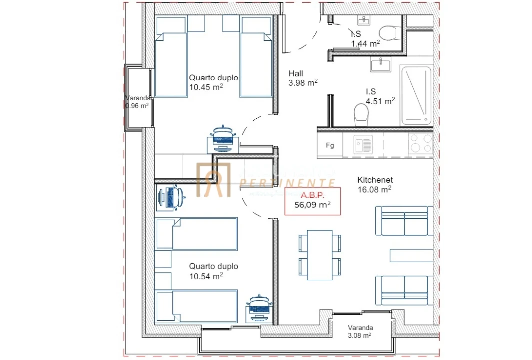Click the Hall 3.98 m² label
[x=303, y=78]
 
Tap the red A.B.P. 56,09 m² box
[x=312, y=201]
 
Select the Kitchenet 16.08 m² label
[x=374, y=185]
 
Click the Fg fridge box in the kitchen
[x=330, y=146]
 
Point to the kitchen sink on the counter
[x=363, y=145]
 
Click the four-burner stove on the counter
[x=420, y=144]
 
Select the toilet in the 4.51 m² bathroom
[x=361, y=115]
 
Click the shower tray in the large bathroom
[x=416, y=95]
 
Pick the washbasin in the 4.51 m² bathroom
[x=381, y=64]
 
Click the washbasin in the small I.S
[x=364, y=20]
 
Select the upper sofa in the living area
[x=403, y=220]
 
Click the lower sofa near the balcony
[x=403, y=290]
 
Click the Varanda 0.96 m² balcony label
[x=137, y=102]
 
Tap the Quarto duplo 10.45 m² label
[x=213, y=82]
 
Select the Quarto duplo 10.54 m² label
[x=213, y=271]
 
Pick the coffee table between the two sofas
[x=411, y=255]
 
